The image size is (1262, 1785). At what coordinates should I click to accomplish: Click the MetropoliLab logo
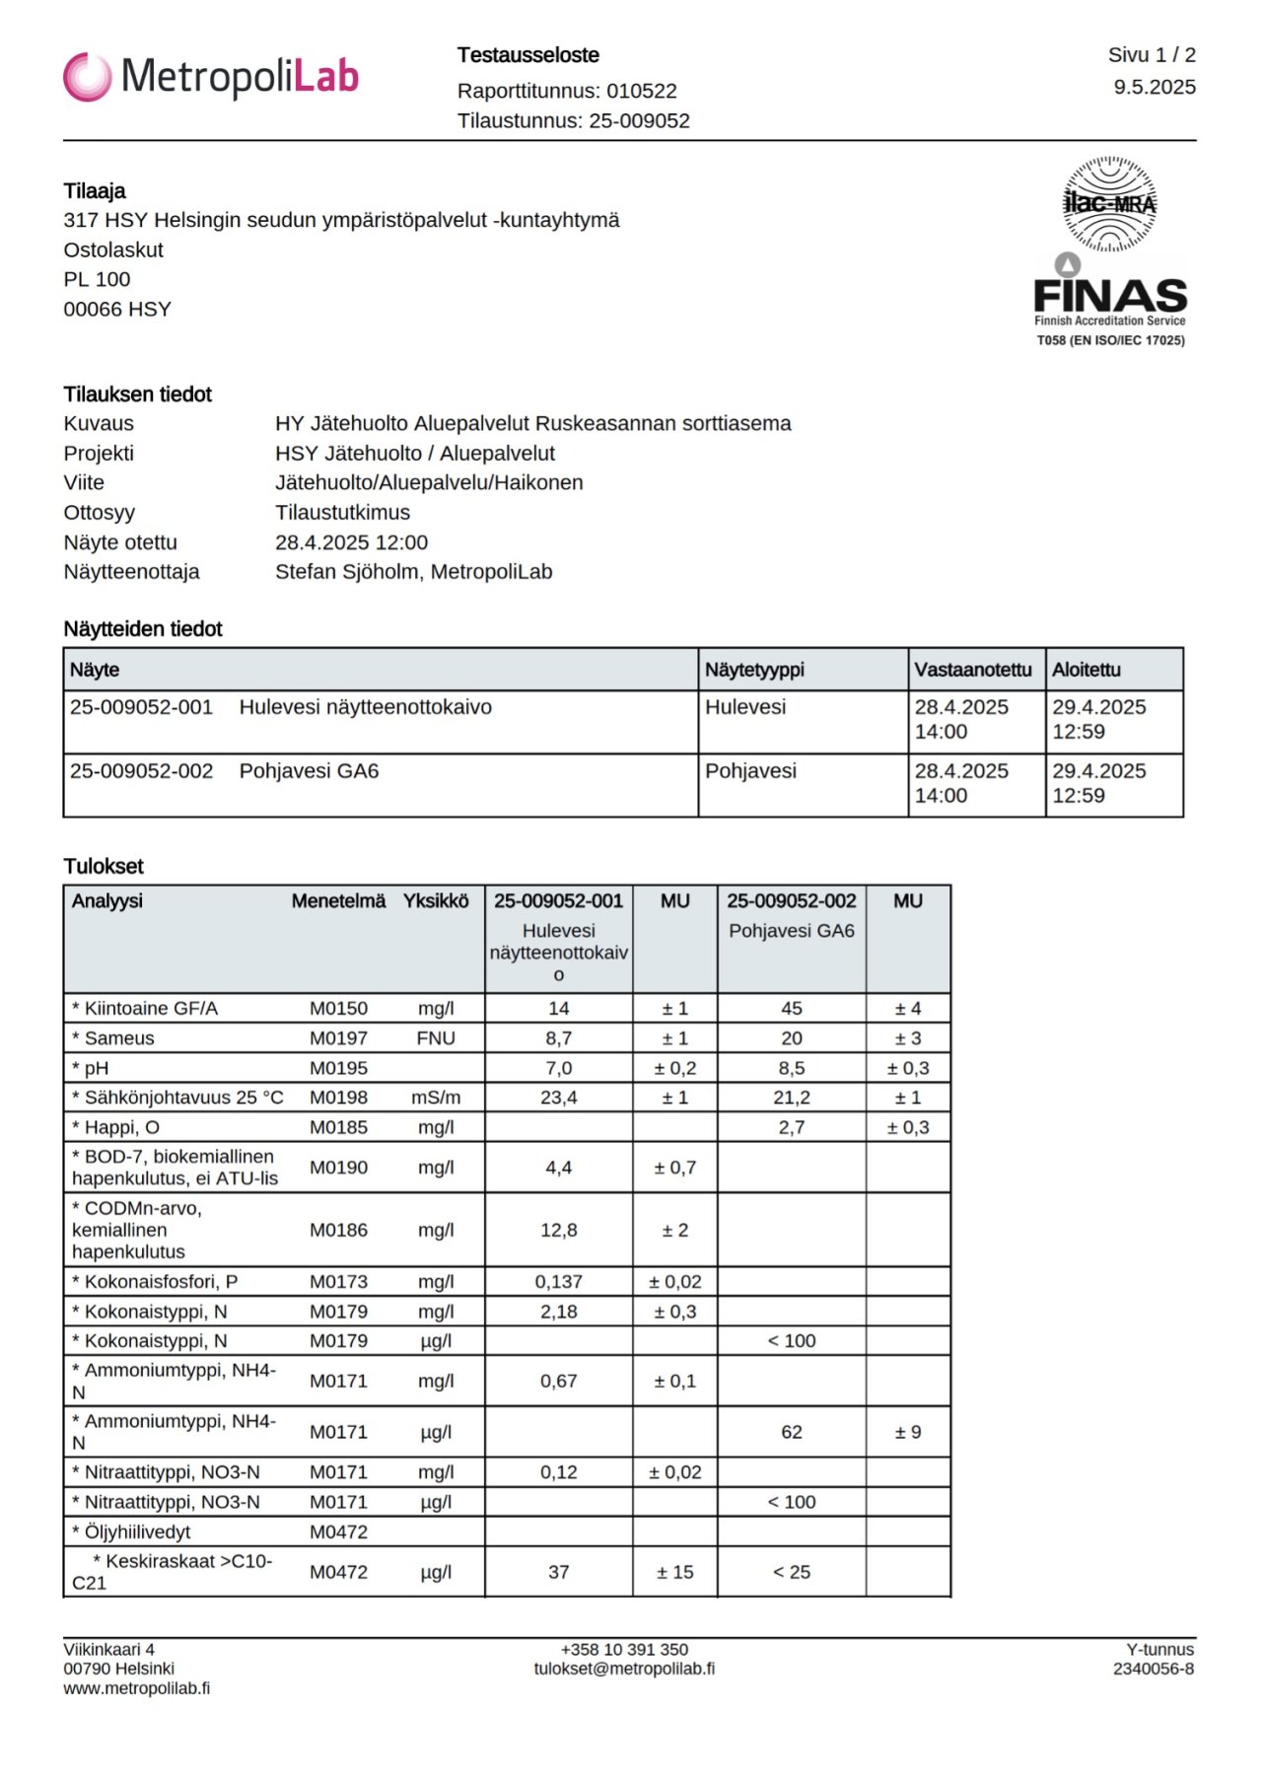click(210, 77)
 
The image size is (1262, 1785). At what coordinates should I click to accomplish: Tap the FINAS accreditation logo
click(1109, 297)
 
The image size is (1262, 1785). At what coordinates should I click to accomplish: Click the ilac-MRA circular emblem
click(1109, 204)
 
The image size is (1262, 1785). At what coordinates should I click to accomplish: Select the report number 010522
click(641, 91)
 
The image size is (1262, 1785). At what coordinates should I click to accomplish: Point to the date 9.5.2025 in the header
click(1154, 87)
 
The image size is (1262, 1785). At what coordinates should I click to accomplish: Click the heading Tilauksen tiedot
click(137, 394)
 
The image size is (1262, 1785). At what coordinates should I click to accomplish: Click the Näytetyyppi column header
click(754, 670)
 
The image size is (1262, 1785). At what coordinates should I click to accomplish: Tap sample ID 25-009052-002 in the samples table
click(141, 771)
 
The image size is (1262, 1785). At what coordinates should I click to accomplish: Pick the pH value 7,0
click(558, 1068)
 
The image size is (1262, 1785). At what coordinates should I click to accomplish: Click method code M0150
click(338, 1009)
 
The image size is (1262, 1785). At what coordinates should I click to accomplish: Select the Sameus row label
click(118, 1038)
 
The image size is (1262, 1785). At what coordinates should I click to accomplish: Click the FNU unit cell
click(435, 1038)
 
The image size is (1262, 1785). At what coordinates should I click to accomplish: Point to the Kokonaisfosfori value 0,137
click(558, 1282)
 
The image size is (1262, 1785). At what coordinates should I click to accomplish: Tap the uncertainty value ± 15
click(674, 1572)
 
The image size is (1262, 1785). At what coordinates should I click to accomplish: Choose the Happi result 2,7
click(791, 1127)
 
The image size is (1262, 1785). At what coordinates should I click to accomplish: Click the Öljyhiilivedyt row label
click(137, 1533)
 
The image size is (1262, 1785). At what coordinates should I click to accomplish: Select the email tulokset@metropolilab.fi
click(624, 1669)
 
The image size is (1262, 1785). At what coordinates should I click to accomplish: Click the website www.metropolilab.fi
click(136, 1688)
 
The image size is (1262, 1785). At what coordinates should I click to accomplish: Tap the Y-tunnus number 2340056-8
click(1153, 1669)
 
